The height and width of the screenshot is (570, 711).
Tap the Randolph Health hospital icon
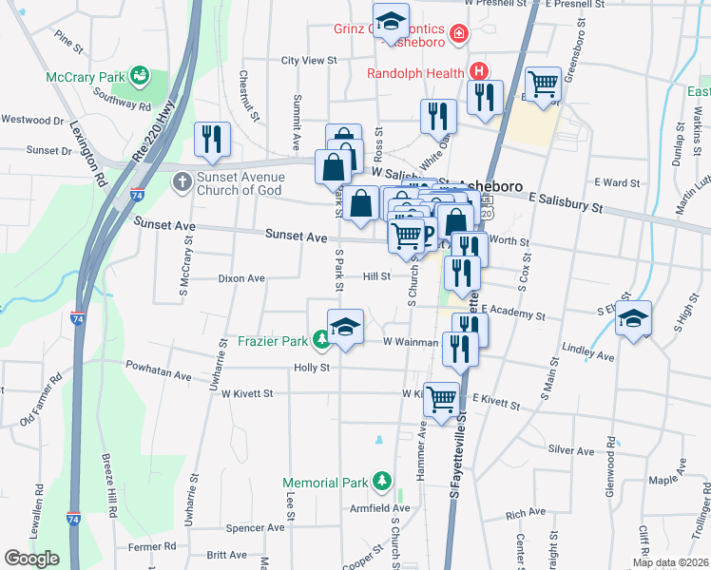tap(480, 71)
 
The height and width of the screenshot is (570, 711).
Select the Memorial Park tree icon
tap(382, 482)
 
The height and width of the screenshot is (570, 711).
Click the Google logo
tap(31, 558)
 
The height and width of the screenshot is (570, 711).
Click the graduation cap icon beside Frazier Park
tap(346, 328)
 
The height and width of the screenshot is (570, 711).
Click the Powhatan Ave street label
tap(158, 374)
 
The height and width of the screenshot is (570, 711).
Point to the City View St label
tap(309, 60)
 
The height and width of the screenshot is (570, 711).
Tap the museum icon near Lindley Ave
tap(632, 318)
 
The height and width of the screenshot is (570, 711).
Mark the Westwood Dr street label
tap(31, 120)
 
